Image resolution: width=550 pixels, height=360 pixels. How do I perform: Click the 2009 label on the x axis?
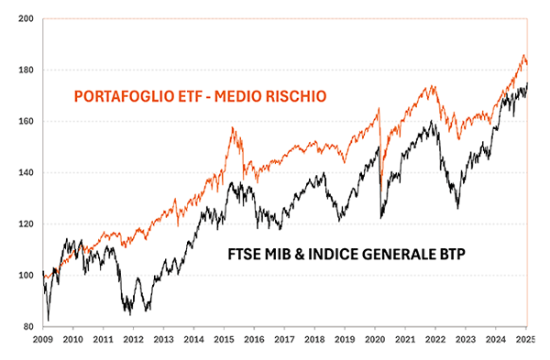[42, 338]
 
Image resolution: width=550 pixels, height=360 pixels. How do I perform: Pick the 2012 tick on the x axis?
[133, 338]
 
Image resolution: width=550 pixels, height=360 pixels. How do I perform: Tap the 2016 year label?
[254, 338]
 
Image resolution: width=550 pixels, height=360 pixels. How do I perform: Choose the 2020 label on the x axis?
[375, 338]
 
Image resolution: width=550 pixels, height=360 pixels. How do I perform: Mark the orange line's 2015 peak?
[233, 127]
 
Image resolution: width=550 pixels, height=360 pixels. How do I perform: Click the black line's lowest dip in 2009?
[49, 319]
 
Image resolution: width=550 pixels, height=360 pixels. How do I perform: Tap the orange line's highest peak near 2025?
[523, 55]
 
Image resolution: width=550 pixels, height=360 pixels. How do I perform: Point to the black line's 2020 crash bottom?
[380, 217]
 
